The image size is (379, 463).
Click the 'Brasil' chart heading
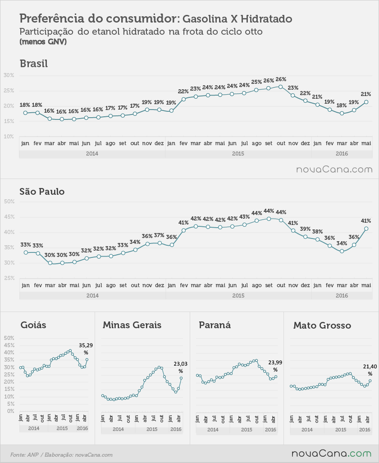[x=34, y=64]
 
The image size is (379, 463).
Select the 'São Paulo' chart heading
[x=42, y=191]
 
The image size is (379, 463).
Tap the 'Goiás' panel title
[x=33, y=325]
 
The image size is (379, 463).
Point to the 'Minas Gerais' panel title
[x=132, y=325]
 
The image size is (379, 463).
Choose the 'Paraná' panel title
[x=215, y=325]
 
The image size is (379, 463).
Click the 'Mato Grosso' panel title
[x=322, y=325]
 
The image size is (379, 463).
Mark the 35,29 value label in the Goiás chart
[x=86, y=348]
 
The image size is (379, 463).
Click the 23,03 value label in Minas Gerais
[x=180, y=367]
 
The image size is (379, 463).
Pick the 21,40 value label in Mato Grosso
[x=370, y=370]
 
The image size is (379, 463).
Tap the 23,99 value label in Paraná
[x=275, y=366]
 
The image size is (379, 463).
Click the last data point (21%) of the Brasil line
[x=366, y=102]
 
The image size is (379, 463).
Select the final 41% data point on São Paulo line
[x=366, y=229]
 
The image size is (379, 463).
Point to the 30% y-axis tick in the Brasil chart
[x=9, y=75]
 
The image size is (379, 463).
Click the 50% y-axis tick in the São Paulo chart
[x=9, y=202]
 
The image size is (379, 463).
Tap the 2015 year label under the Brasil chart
[x=238, y=154]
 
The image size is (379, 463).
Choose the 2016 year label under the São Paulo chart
[x=342, y=296]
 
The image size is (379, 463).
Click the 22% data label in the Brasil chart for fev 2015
[x=183, y=92]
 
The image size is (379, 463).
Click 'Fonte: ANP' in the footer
[x=24, y=455]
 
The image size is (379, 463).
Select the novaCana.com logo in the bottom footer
[x=332, y=454]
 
